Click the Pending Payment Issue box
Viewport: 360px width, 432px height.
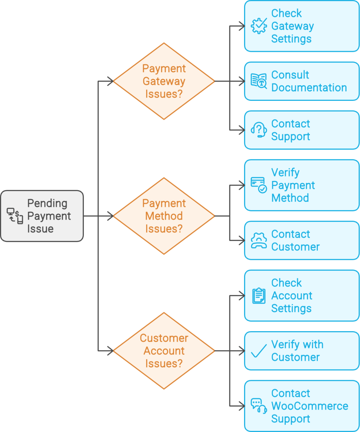tap(42, 216)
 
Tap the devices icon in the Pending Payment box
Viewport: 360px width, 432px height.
tap(15, 216)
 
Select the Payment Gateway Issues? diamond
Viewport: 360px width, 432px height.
tap(164, 81)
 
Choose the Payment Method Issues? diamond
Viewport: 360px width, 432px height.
tap(164, 216)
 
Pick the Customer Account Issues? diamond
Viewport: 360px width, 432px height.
tap(164, 351)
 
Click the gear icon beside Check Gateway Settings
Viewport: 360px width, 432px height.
tap(258, 26)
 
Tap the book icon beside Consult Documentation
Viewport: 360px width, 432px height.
tap(258, 81)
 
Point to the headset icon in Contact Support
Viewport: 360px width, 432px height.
tap(258, 130)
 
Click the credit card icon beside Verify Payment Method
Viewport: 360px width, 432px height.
tap(258, 185)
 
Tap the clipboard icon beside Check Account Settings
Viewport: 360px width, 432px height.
tap(258, 295)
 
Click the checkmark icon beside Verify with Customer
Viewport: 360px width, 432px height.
tap(258, 351)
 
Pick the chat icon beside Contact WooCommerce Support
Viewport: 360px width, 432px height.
tap(258, 406)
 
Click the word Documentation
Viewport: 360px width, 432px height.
tap(309, 88)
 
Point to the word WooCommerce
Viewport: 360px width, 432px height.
tap(310, 406)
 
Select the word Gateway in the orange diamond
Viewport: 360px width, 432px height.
tap(164, 81)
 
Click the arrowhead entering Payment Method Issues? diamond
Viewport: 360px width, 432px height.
tap(111, 216)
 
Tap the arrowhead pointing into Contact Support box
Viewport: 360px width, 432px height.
tap(242, 130)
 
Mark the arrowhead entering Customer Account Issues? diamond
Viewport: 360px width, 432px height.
tap(111, 351)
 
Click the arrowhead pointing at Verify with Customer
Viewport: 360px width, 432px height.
tap(242, 351)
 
